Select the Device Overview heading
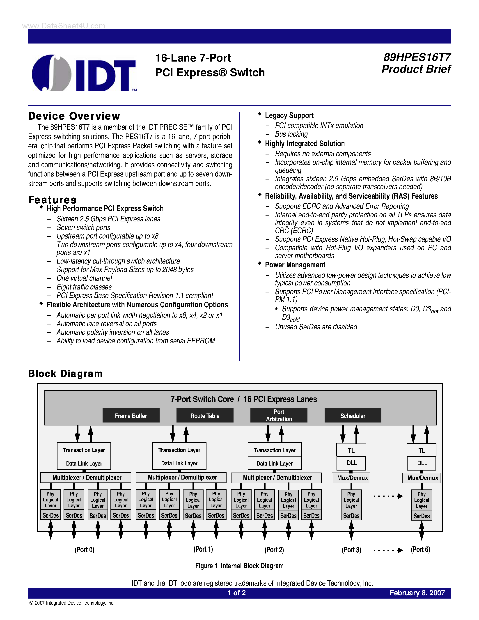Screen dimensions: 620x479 74,116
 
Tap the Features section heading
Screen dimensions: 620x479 53,200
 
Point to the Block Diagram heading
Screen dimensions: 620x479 65,374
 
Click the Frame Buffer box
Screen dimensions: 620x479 131,416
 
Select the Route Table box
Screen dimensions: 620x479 205,416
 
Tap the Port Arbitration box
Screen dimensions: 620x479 279,415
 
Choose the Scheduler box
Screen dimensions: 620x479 353,416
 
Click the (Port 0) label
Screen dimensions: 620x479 85,550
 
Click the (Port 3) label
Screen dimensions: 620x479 351,550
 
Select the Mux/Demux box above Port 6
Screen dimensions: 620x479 422,478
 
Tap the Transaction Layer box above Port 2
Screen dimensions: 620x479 274,450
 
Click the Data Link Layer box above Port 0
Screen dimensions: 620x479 84,463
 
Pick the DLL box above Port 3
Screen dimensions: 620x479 352,463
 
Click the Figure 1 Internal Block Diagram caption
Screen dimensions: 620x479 239,566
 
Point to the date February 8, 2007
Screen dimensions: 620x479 417,593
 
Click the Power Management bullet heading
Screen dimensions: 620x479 295,265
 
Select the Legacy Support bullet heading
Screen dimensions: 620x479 289,115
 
